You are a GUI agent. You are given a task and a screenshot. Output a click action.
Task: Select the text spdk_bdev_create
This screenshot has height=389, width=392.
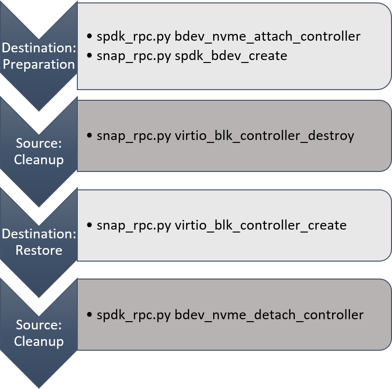coord(231,56)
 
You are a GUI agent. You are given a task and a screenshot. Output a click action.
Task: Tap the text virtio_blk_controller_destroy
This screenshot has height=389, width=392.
coord(264,136)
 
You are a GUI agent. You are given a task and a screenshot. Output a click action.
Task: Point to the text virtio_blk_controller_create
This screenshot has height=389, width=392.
coord(261,225)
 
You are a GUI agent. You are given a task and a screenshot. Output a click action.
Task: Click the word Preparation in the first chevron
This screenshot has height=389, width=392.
coord(39,64)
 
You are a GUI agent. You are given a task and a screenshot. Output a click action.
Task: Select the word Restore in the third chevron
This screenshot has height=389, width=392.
coord(39,250)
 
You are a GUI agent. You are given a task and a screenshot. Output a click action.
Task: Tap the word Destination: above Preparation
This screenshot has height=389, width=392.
coord(39,48)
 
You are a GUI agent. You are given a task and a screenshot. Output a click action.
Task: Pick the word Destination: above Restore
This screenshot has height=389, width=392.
coord(39,234)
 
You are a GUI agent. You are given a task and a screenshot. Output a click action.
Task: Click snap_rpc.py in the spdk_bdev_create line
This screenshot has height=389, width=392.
coord(134,56)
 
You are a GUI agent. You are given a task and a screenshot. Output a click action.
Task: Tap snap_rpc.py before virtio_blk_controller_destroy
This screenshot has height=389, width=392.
coord(134,136)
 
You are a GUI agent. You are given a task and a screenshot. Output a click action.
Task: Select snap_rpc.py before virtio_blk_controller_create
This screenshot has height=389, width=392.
coord(134,225)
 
